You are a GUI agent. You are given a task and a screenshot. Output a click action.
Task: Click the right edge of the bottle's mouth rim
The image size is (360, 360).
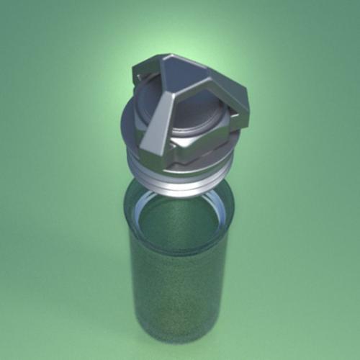[x=232, y=212]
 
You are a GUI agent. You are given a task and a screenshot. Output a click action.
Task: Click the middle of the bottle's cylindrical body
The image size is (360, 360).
[x=176, y=288]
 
